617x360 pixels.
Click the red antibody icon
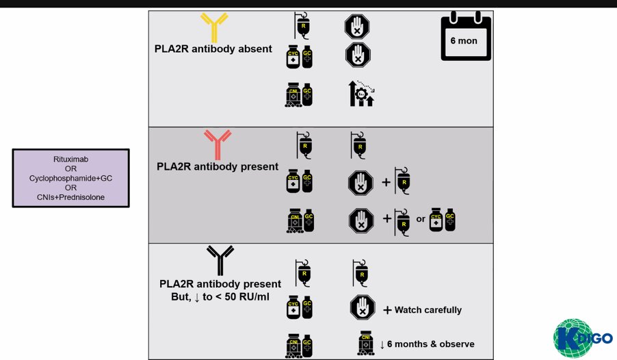[218, 144]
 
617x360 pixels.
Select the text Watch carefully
[428, 310]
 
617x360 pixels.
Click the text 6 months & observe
[432, 344]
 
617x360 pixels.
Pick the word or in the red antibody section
[421, 220]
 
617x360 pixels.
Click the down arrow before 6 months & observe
[382, 344]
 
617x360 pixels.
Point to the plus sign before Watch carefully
[387, 310]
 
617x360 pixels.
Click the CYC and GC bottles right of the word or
[443, 221]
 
